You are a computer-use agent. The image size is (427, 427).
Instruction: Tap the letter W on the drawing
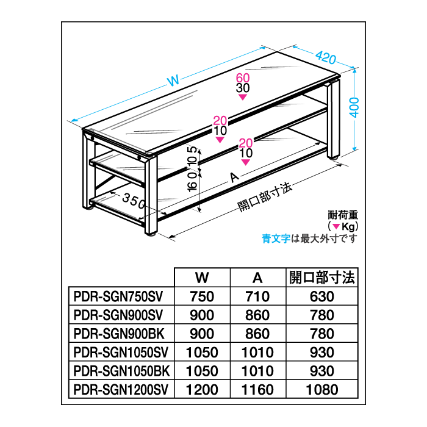[x=173, y=79]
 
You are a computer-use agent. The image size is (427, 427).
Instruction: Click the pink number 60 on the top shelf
[x=243, y=77]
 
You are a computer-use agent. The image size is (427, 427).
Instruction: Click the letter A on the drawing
[x=233, y=178]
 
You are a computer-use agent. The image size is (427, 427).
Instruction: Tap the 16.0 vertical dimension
[x=193, y=184]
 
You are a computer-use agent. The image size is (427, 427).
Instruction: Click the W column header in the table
[x=203, y=278]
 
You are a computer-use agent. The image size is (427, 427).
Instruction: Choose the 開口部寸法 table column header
[x=321, y=278]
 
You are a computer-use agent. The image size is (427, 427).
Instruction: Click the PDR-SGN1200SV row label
[x=120, y=389]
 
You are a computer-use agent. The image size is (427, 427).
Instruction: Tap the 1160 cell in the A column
[x=258, y=389]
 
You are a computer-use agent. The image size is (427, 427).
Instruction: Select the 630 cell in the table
[x=321, y=296]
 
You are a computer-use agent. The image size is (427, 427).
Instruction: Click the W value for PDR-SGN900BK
[x=203, y=334]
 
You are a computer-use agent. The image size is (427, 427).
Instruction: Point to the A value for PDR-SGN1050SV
[x=258, y=352]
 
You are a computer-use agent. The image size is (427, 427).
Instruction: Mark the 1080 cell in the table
[x=321, y=389]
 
